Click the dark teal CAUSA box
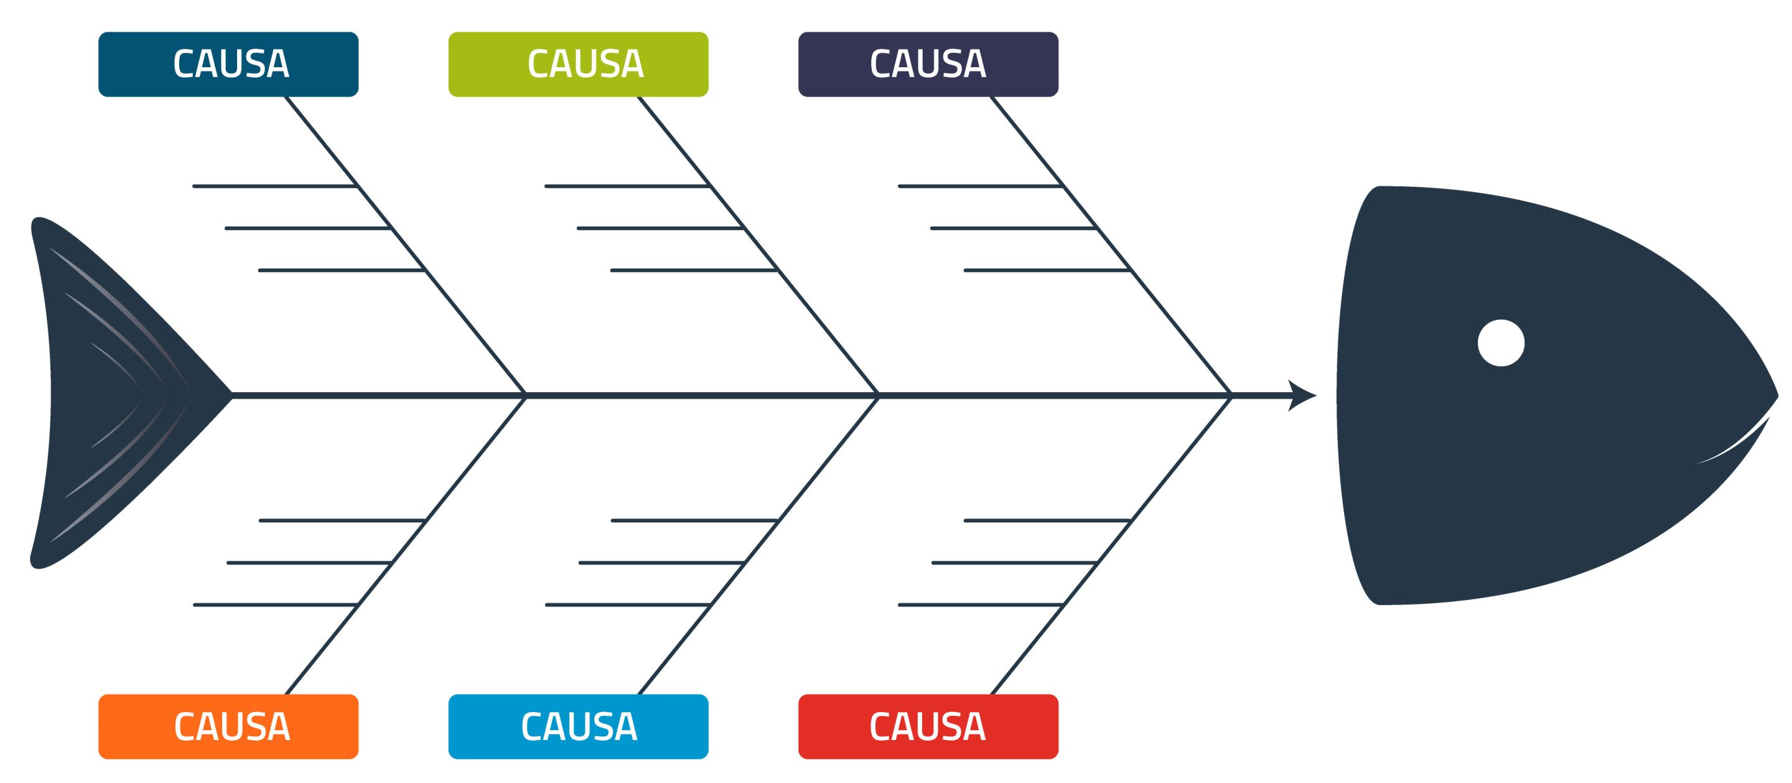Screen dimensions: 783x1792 click(x=228, y=64)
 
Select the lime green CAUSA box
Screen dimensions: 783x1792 click(x=578, y=64)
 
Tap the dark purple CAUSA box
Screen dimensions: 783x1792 click(x=928, y=64)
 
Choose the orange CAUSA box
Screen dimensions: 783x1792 click(x=228, y=726)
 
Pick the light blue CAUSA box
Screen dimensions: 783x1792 click(x=578, y=726)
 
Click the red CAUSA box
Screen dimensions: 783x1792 click(x=928, y=726)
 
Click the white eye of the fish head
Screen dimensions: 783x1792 click(x=1501, y=342)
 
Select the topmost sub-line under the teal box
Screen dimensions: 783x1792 click(x=275, y=186)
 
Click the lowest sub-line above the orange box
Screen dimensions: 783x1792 click(x=275, y=604)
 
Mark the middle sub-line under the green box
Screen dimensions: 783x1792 click(x=660, y=228)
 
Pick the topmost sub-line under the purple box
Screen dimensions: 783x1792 click(x=979, y=186)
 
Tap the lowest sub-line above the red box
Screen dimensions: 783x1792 click(x=979, y=604)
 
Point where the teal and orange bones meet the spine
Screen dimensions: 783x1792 click(x=525, y=395)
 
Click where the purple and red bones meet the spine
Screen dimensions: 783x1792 click(x=1231, y=395)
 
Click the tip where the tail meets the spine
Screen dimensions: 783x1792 click(x=231, y=395)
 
